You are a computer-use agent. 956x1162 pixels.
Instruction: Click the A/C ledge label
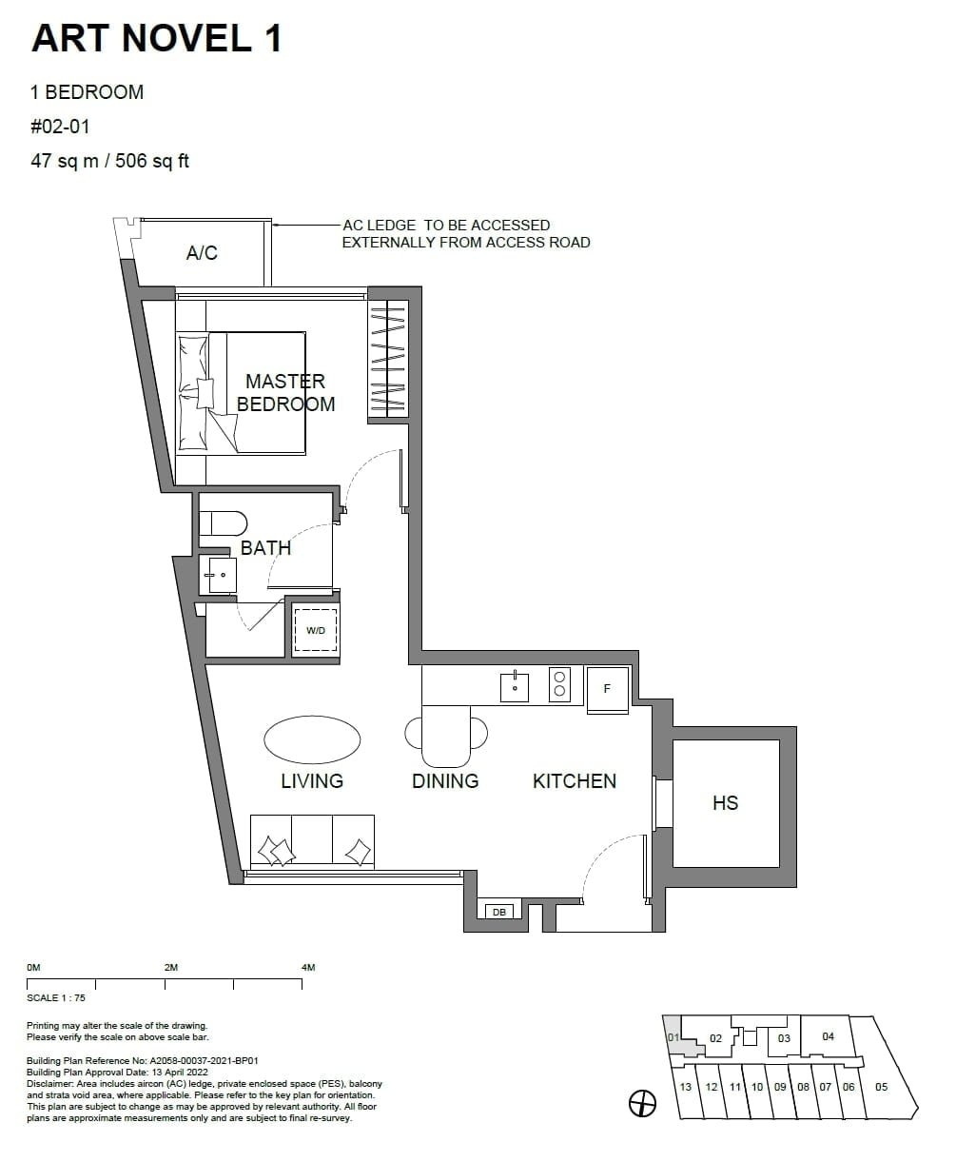(x=202, y=252)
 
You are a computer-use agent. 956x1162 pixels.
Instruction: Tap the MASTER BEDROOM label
(x=285, y=392)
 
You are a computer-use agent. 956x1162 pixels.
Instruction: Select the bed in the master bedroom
(x=242, y=392)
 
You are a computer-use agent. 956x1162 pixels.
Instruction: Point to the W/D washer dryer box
(x=315, y=631)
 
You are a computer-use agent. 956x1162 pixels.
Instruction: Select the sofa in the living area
(x=312, y=841)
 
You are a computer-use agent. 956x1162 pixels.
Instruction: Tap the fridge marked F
(x=607, y=688)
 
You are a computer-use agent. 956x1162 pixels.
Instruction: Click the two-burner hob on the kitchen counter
(x=559, y=684)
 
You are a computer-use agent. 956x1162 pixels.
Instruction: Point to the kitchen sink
(x=515, y=685)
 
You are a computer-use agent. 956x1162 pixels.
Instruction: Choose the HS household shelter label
(x=725, y=803)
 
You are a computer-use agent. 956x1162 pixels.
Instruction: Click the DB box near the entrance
(x=498, y=912)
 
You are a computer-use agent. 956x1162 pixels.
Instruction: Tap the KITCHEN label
(x=575, y=781)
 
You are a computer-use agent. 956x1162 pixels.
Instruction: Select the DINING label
(x=445, y=781)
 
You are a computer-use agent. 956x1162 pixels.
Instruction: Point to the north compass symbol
(x=643, y=1103)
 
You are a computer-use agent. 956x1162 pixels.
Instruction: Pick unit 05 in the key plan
(x=881, y=1087)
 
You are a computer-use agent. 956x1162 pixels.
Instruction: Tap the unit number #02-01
(x=61, y=126)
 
